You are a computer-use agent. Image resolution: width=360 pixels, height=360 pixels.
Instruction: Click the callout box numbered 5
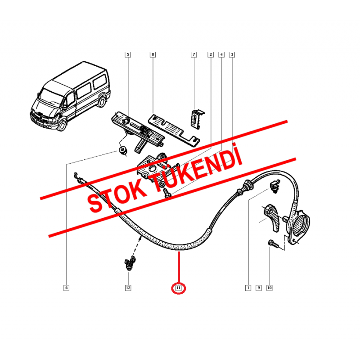[128, 55]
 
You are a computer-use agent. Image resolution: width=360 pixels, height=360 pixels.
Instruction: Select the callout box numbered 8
[153, 55]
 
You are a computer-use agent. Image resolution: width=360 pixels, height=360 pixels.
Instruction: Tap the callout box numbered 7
[194, 55]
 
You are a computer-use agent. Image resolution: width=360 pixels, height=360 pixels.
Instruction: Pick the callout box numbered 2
[210, 55]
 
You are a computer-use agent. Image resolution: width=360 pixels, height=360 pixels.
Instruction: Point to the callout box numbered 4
[221, 55]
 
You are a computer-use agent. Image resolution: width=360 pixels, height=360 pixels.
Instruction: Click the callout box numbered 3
[232, 55]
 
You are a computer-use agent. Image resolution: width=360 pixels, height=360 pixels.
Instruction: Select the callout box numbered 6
[66, 288]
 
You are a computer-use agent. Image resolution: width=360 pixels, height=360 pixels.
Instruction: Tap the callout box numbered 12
[128, 288]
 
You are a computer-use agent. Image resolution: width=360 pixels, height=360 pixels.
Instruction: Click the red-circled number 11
[179, 288]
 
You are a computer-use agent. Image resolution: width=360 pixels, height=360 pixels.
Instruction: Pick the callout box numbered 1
[247, 288]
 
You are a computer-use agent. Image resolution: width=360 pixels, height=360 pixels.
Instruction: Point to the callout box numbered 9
[258, 288]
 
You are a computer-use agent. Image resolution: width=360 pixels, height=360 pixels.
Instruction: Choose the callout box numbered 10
[270, 288]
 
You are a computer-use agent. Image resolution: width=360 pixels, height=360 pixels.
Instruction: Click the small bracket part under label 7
[197, 121]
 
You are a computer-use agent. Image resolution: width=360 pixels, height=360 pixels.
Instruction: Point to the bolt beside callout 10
[273, 244]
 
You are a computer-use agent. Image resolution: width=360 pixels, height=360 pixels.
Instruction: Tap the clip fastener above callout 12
[129, 263]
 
